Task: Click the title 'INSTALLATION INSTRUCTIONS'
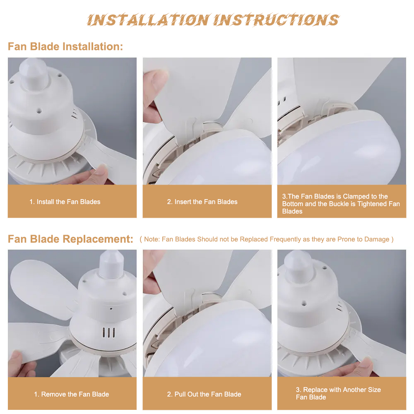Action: (x=213, y=20)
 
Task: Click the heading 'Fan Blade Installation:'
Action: (x=65, y=46)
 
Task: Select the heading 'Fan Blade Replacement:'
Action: (x=70, y=239)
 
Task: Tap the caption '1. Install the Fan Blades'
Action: (x=65, y=202)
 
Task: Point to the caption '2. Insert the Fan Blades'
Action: (x=202, y=202)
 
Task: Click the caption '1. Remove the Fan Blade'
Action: (x=72, y=394)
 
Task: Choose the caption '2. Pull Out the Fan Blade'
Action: (x=204, y=394)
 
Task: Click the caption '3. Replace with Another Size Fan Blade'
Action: (x=338, y=393)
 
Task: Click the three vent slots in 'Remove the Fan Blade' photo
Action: (x=108, y=333)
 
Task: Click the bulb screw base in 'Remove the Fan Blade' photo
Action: (x=111, y=264)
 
